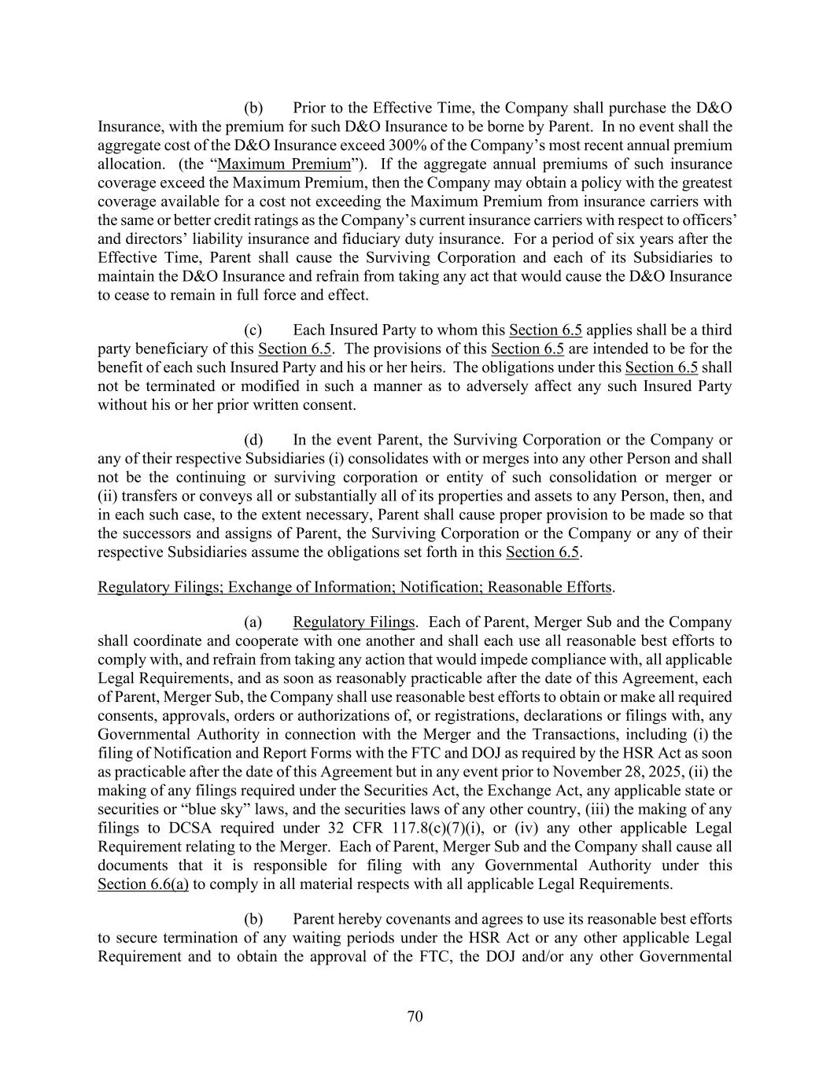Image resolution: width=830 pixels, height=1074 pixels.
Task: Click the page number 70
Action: (x=415, y=1017)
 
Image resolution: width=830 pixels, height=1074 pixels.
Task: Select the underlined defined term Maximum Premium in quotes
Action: (x=283, y=164)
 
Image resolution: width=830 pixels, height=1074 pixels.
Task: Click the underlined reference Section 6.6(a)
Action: (x=142, y=884)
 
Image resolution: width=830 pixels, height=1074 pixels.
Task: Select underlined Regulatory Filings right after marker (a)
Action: (x=352, y=622)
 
